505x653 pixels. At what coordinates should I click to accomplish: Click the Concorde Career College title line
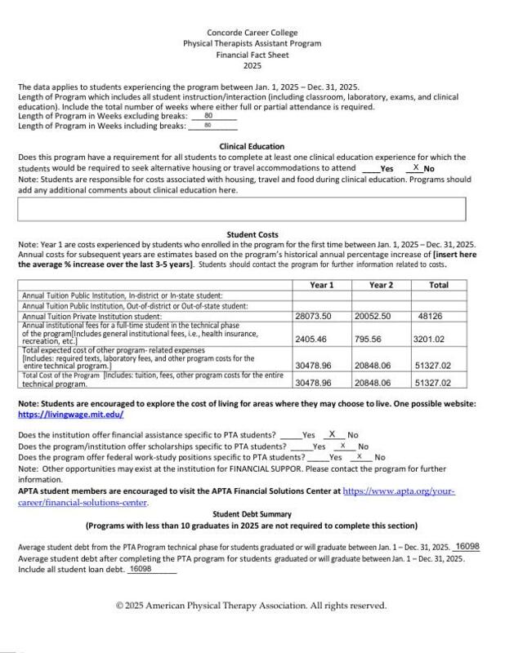click(252, 32)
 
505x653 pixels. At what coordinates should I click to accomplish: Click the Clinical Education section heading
click(252, 146)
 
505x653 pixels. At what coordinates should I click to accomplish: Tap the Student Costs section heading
click(252, 234)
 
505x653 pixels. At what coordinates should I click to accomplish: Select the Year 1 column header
click(323, 284)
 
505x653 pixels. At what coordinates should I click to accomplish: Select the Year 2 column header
click(381, 284)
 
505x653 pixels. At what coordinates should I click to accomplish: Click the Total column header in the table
click(438, 284)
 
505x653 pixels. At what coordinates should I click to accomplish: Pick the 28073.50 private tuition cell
click(313, 315)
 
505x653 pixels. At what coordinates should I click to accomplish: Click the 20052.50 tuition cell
click(373, 315)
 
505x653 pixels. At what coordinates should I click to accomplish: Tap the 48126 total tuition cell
click(430, 315)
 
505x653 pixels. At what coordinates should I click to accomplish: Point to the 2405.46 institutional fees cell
click(311, 338)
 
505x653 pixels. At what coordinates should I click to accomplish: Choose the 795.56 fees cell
click(369, 338)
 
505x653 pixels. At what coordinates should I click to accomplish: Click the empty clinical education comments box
click(241, 209)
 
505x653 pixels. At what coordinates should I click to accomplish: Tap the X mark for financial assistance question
click(332, 434)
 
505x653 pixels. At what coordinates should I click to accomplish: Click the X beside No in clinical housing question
click(416, 167)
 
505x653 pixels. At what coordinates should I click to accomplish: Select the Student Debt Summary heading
click(252, 514)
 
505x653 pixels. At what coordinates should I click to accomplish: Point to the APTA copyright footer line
click(252, 606)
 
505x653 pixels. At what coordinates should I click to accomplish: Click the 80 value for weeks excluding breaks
click(208, 116)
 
